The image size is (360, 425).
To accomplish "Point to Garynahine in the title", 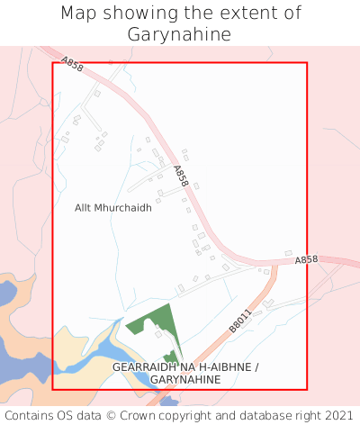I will click(180, 35).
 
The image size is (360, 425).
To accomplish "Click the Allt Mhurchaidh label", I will click(113, 207).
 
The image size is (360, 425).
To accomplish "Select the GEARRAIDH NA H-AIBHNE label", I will click(185, 368).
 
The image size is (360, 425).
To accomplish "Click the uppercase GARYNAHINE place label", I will click(185, 381).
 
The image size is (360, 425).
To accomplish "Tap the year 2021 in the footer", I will click(338, 415).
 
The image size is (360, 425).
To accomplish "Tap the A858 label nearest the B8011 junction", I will click(307, 259).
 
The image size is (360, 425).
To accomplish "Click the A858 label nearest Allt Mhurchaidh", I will click(180, 176).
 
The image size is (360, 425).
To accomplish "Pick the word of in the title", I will click(292, 14).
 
